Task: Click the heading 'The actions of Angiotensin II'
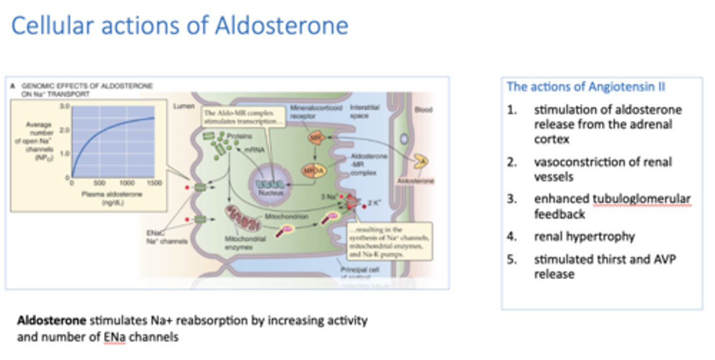[x=586, y=87]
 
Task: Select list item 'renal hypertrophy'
[x=584, y=236]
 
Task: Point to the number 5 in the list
[x=512, y=260]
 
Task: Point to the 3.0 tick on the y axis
[x=64, y=106]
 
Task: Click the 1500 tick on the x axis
[x=154, y=183]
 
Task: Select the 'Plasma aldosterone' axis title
[x=113, y=194]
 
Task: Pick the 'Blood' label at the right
[x=423, y=110]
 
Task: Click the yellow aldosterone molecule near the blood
[x=422, y=161]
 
